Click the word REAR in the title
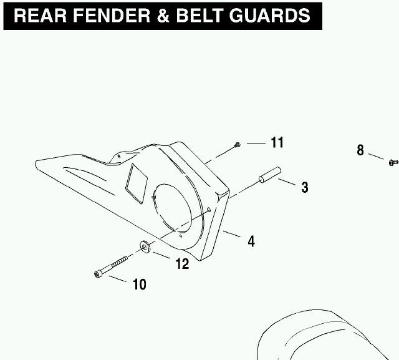point(41,16)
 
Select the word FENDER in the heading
point(112,16)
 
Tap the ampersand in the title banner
point(163,16)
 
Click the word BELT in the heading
point(199,16)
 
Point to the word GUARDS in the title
point(270,16)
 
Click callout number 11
point(277,142)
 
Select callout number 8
point(360,150)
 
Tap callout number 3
point(305,187)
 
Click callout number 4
point(251,241)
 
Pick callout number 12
point(183,264)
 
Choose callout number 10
point(140,284)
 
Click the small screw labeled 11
point(237,145)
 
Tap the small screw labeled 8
point(393,162)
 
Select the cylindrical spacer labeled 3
point(270,175)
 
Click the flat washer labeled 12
point(145,246)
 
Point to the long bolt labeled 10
point(111,266)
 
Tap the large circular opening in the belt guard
point(172,208)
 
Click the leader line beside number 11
point(256,144)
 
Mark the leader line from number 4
point(231,234)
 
